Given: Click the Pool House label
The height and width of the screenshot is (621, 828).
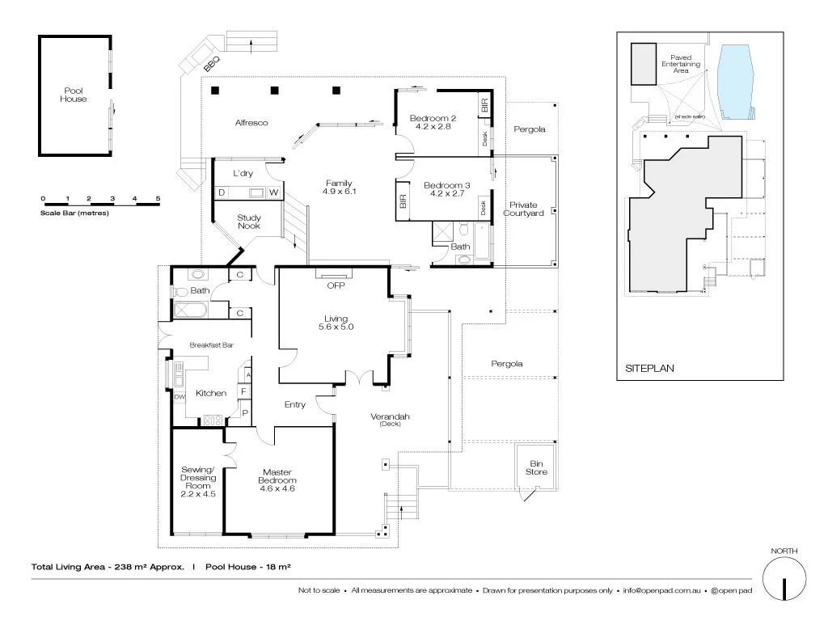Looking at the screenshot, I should (73, 95).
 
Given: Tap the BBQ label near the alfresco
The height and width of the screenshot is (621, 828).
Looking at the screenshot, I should (212, 61).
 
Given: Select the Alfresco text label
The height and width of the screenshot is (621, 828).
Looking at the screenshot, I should (251, 123).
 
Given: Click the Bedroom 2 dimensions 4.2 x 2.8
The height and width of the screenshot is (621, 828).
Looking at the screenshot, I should (433, 126).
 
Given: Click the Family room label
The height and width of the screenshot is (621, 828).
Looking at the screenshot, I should (339, 183).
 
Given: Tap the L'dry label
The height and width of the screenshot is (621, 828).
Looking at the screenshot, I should (243, 174).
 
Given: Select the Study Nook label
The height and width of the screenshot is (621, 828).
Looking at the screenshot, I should (248, 222).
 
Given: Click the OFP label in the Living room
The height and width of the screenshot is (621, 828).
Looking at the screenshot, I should (335, 285).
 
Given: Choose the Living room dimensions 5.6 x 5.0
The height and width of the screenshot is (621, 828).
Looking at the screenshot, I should (336, 327).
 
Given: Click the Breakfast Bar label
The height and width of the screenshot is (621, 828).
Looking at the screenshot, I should (212, 345).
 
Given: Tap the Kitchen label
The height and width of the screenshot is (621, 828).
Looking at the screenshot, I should (211, 393).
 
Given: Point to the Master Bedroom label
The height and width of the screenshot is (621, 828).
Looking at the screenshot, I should (278, 477).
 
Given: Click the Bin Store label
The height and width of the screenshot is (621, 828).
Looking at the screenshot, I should (536, 467).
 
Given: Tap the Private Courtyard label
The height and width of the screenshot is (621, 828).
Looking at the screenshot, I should (523, 209).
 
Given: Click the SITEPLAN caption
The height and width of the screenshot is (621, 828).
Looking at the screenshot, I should (649, 368).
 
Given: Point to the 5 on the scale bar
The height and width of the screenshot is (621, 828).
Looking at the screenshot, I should (158, 198).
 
